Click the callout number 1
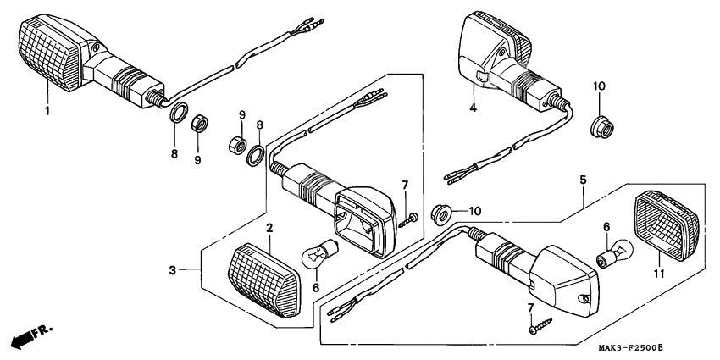47,110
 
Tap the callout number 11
657,274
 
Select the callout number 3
172,271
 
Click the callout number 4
474,108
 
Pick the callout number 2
269,228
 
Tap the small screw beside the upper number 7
412,219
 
